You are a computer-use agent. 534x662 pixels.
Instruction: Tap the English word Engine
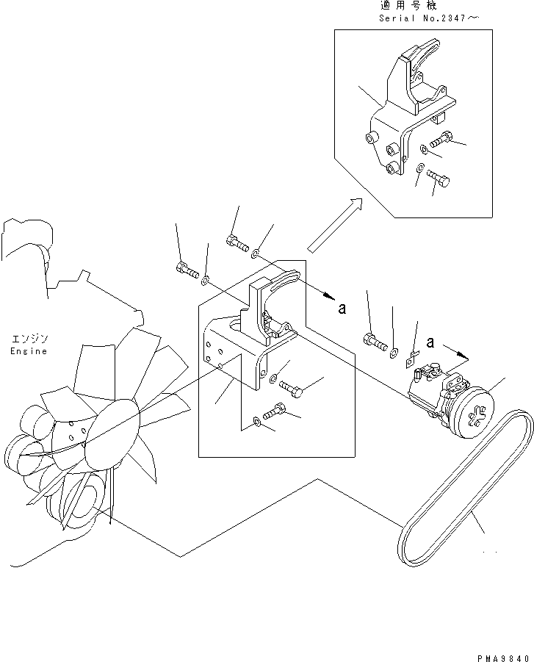29,351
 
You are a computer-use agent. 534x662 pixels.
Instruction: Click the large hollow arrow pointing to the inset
335,225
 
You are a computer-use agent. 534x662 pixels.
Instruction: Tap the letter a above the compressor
431,342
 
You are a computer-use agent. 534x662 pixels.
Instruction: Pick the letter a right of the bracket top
342,309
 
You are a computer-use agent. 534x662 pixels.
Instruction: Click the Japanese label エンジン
29,339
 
